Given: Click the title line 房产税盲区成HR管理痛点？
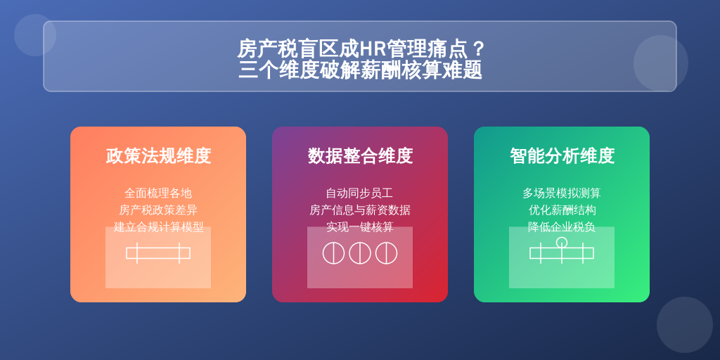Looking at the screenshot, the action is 361,49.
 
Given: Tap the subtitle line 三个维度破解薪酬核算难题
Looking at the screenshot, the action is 361,70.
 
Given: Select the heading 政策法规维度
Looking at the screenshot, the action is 158,156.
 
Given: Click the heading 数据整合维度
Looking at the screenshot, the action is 360,156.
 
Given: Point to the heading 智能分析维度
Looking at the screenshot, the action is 562,156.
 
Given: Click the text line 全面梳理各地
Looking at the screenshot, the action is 158,193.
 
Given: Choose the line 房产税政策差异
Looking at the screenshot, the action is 158,210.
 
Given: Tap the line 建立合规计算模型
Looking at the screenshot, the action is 158,227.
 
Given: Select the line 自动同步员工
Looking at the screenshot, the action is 360,193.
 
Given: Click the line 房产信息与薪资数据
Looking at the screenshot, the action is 360,210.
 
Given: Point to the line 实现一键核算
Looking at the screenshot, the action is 360,227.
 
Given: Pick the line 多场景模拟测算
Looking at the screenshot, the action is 562,193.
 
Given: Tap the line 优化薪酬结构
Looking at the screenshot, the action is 562,210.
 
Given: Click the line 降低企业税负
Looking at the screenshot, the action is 562,227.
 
